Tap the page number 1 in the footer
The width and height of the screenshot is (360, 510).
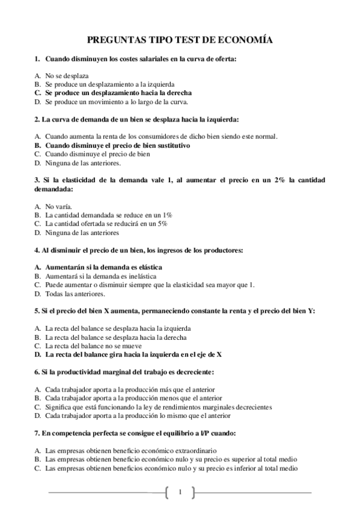tap(180, 493)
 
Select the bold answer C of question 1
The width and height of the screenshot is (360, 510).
tap(118, 93)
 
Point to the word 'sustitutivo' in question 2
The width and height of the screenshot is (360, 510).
tap(172, 145)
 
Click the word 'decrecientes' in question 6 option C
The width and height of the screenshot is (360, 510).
tap(253, 407)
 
